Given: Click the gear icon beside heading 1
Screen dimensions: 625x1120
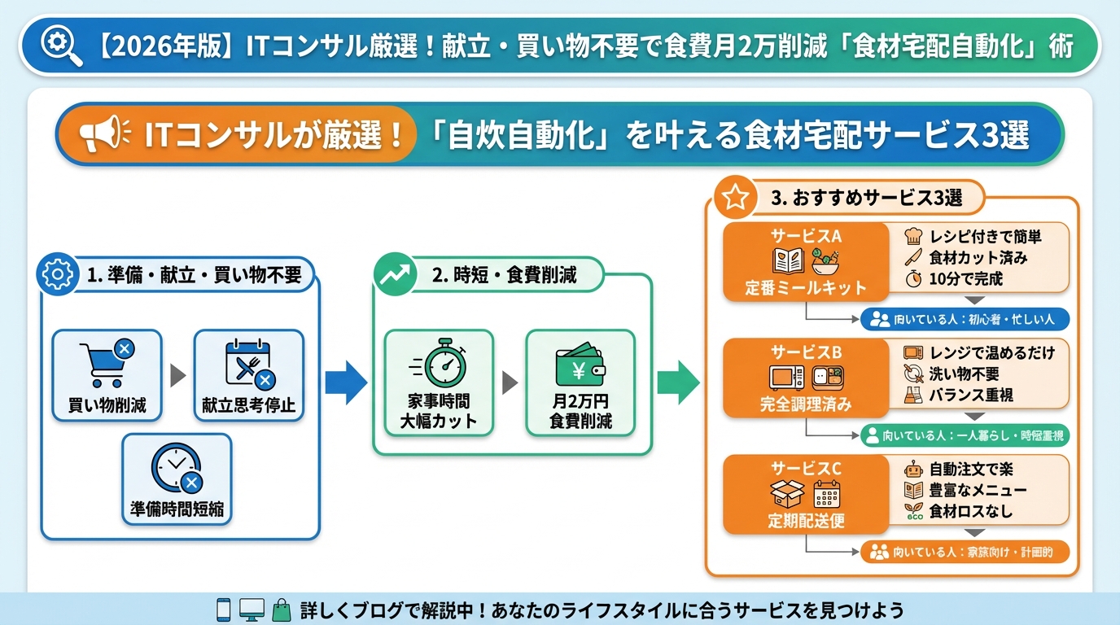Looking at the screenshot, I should click(x=58, y=275).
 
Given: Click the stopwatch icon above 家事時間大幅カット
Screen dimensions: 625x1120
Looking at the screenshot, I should click(x=439, y=364).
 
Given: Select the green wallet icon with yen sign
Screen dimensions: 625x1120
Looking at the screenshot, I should click(x=580, y=366).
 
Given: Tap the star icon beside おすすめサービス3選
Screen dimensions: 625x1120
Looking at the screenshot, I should click(x=735, y=198).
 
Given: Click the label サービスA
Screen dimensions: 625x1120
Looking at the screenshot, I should click(x=805, y=236).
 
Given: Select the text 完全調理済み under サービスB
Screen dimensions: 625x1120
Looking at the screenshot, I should click(x=805, y=404).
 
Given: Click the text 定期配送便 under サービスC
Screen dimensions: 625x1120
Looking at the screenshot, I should click(x=805, y=521).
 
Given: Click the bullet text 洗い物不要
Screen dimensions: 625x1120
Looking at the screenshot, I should click(x=964, y=374).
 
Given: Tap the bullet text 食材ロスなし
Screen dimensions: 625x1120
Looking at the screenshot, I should click(x=970, y=511).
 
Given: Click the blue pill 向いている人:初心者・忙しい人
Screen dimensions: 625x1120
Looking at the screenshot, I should click(x=965, y=320).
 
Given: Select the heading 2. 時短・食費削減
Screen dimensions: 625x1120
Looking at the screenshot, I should click(x=504, y=275).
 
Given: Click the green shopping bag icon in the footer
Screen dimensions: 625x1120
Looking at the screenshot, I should click(x=281, y=610).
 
